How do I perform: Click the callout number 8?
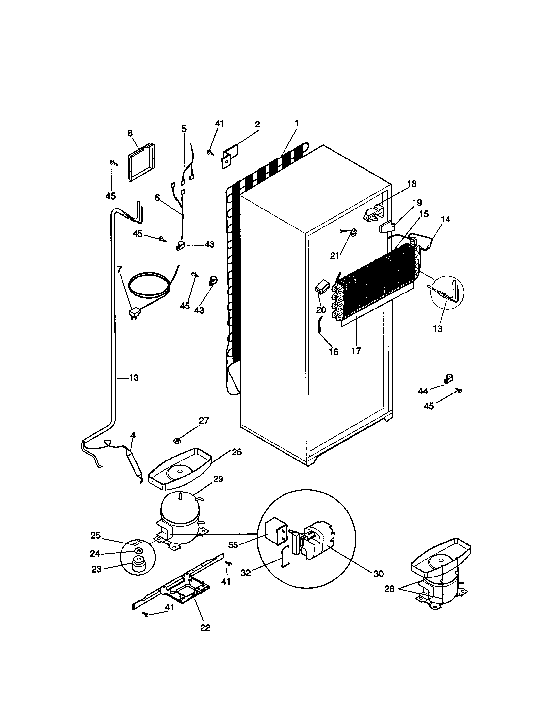click(130, 133)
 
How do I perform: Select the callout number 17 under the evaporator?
click(356, 351)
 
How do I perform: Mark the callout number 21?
click(334, 256)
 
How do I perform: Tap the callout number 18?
click(412, 184)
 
